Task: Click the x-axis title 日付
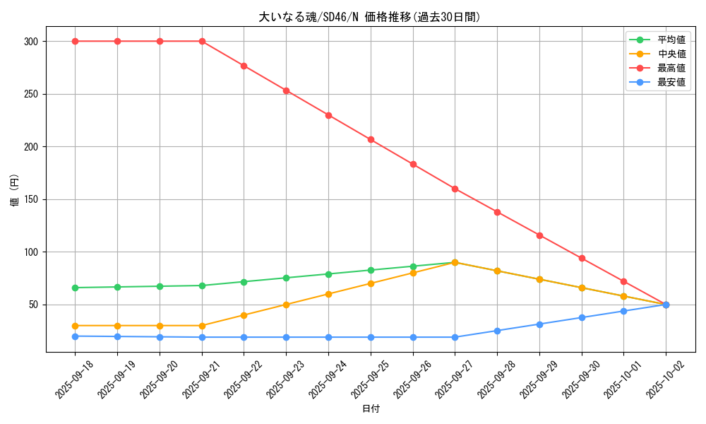[370, 409]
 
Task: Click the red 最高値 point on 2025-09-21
[202, 41]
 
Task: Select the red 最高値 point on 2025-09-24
[328, 115]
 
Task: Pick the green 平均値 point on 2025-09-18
[75, 288]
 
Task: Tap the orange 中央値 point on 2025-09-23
[286, 305]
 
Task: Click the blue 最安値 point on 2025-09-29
[539, 324]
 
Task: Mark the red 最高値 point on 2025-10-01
[623, 281]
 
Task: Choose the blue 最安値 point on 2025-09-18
[75, 336]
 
